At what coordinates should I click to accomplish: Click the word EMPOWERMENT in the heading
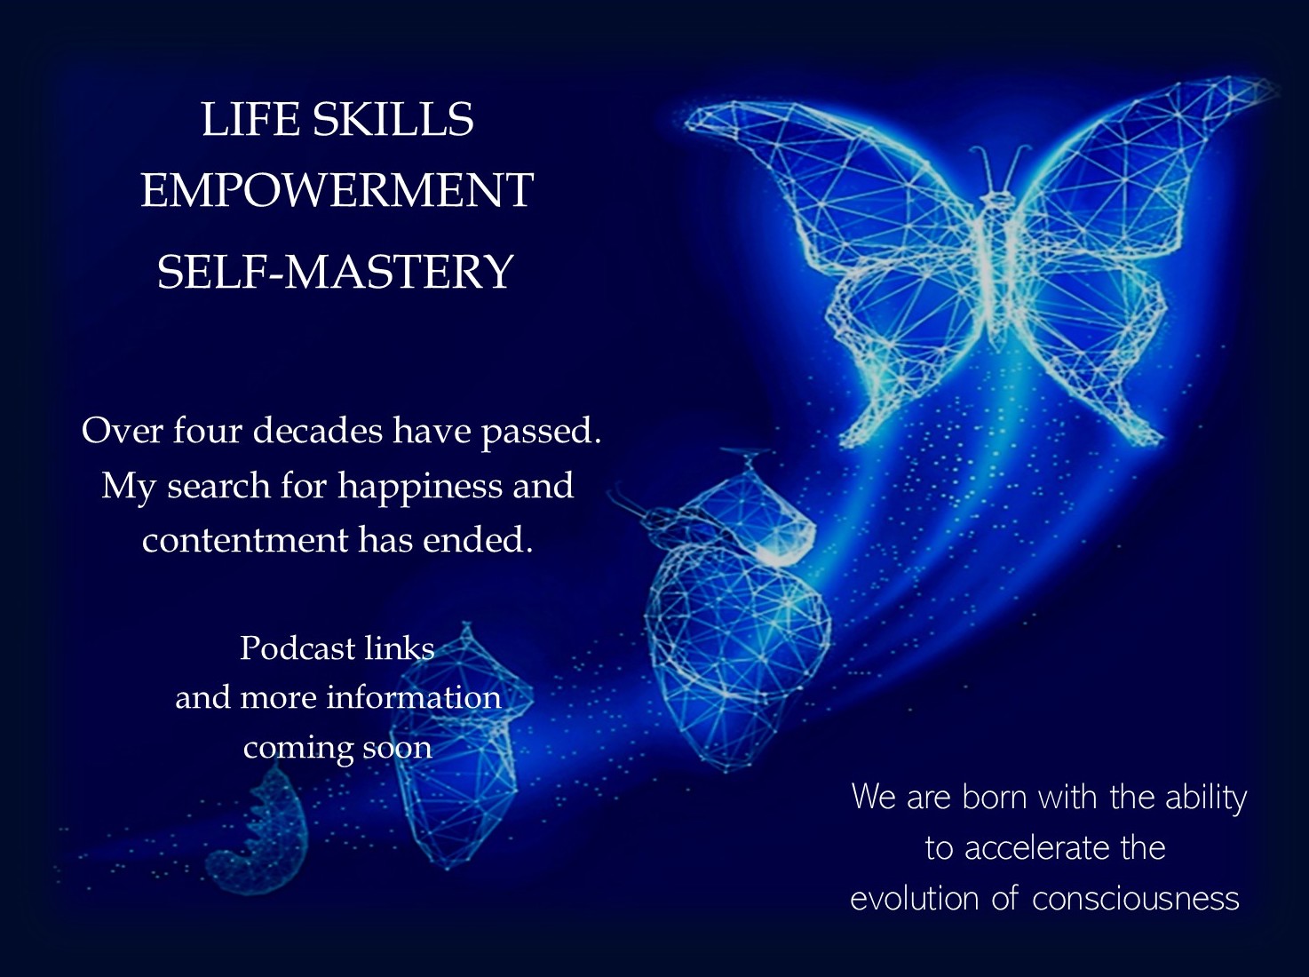tap(337, 190)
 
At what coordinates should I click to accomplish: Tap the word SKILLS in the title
tap(393, 119)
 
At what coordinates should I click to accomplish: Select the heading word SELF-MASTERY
tap(335, 272)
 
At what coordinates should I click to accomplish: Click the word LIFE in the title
tap(250, 119)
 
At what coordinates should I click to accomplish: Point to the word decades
tap(318, 430)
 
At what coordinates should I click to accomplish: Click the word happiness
tap(420, 487)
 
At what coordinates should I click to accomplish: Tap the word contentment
tap(245, 540)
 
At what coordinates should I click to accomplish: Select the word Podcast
tap(298, 647)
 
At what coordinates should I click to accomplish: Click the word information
tap(414, 697)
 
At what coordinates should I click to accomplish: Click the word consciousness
tap(1136, 899)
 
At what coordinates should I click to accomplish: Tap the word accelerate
tap(1035, 848)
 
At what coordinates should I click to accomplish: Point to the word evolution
tap(914, 898)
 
